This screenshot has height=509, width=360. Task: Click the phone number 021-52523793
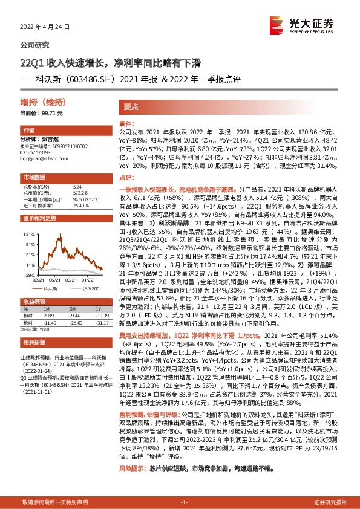38,152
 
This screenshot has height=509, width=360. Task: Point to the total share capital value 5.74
77,187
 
